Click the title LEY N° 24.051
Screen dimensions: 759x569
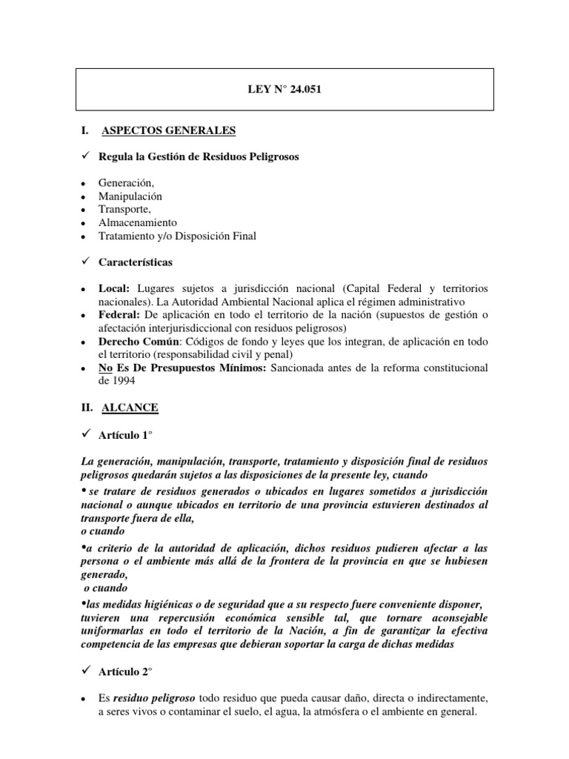coord(285,90)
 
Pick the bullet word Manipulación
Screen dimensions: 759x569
coord(130,196)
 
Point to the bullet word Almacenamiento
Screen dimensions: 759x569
coord(138,223)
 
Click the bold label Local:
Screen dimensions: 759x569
coord(114,287)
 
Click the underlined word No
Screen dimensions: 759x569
coord(106,368)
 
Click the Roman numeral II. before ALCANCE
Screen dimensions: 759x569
coord(87,408)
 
